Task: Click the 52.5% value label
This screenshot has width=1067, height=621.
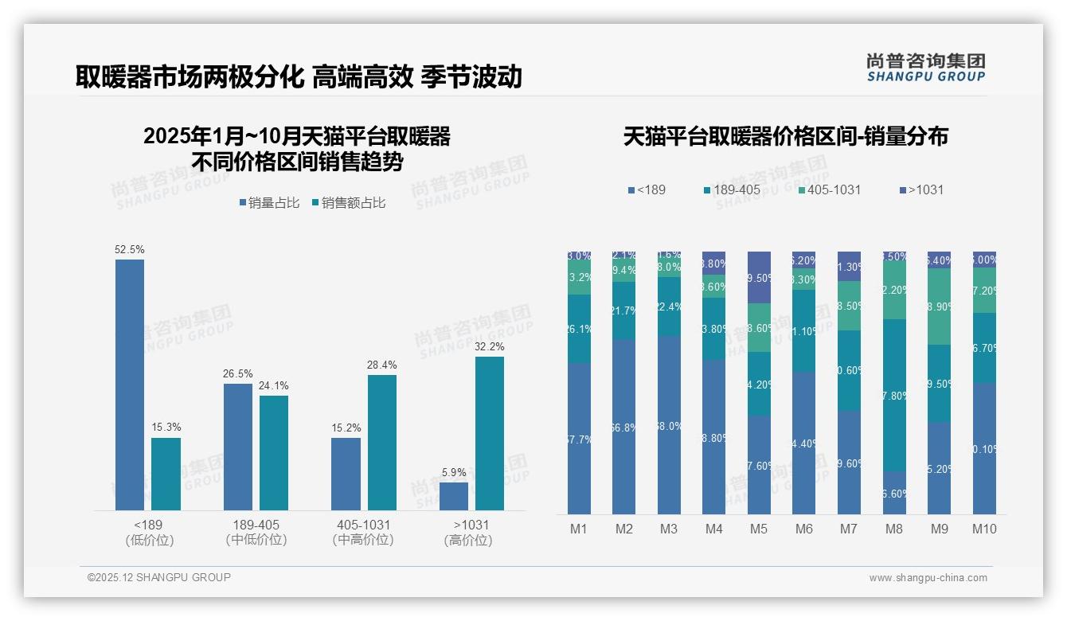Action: click(x=130, y=249)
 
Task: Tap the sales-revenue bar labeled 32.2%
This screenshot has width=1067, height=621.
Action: click(x=490, y=433)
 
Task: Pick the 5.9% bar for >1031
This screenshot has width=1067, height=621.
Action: click(x=454, y=496)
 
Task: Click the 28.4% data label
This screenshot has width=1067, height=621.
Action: click(x=382, y=365)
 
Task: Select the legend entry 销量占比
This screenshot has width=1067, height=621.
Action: click(x=268, y=203)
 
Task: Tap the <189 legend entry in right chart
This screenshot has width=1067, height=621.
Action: click(x=647, y=189)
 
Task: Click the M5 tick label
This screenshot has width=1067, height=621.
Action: click(x=759, y=529)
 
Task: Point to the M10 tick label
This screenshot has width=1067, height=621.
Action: click(x=984, y=529)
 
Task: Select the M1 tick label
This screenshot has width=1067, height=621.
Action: click(x=579, y=529)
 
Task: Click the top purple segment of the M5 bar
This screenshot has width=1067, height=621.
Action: click(x=759, y=277)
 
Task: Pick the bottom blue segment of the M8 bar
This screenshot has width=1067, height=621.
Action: click(x=894, y=493)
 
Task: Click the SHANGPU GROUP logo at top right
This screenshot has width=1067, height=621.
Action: click(x=925, y=67)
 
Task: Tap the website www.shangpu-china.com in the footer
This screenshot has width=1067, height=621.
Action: click(x=928, y=578)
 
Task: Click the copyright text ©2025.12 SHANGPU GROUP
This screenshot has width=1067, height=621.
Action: click(x=159, y=577)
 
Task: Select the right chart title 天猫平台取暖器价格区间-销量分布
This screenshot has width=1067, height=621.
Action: click(x=785, y=137)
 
